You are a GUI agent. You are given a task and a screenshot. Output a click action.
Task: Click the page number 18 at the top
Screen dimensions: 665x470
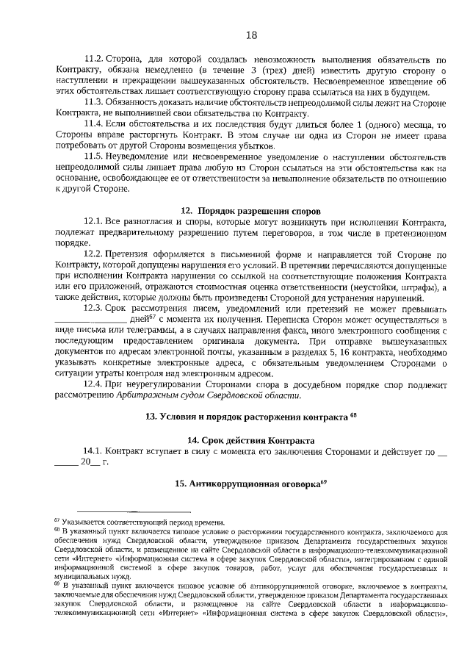[250, 35]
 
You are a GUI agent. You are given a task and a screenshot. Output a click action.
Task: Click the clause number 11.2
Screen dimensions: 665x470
[95, 58]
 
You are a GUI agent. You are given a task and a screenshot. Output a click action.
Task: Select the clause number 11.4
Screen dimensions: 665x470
[95, 125]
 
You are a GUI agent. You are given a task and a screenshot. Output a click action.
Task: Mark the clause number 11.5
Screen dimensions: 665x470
[95, 157]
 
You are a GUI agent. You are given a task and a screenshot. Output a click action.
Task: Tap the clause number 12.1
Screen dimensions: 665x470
[95, 222]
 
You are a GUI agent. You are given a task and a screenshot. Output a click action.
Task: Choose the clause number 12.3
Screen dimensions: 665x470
[95, 308]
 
